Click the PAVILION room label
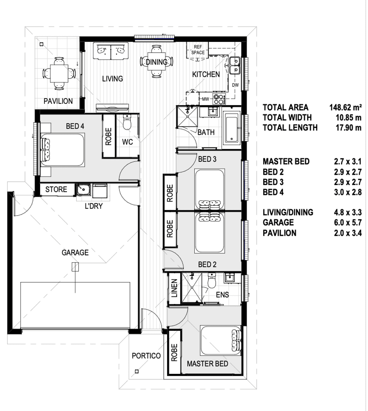[58, 101]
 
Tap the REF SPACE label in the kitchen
[198, 50]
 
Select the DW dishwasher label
[236, 85]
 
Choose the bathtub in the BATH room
[232, 129]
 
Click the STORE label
[56, 189]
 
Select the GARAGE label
[75, 253]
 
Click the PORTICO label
[146, 356]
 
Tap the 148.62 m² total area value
[345, 108]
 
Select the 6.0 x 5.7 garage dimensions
[347, 223]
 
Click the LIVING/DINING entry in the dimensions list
[288, 212]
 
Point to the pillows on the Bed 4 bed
[46, 149]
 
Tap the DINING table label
[156, 62]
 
